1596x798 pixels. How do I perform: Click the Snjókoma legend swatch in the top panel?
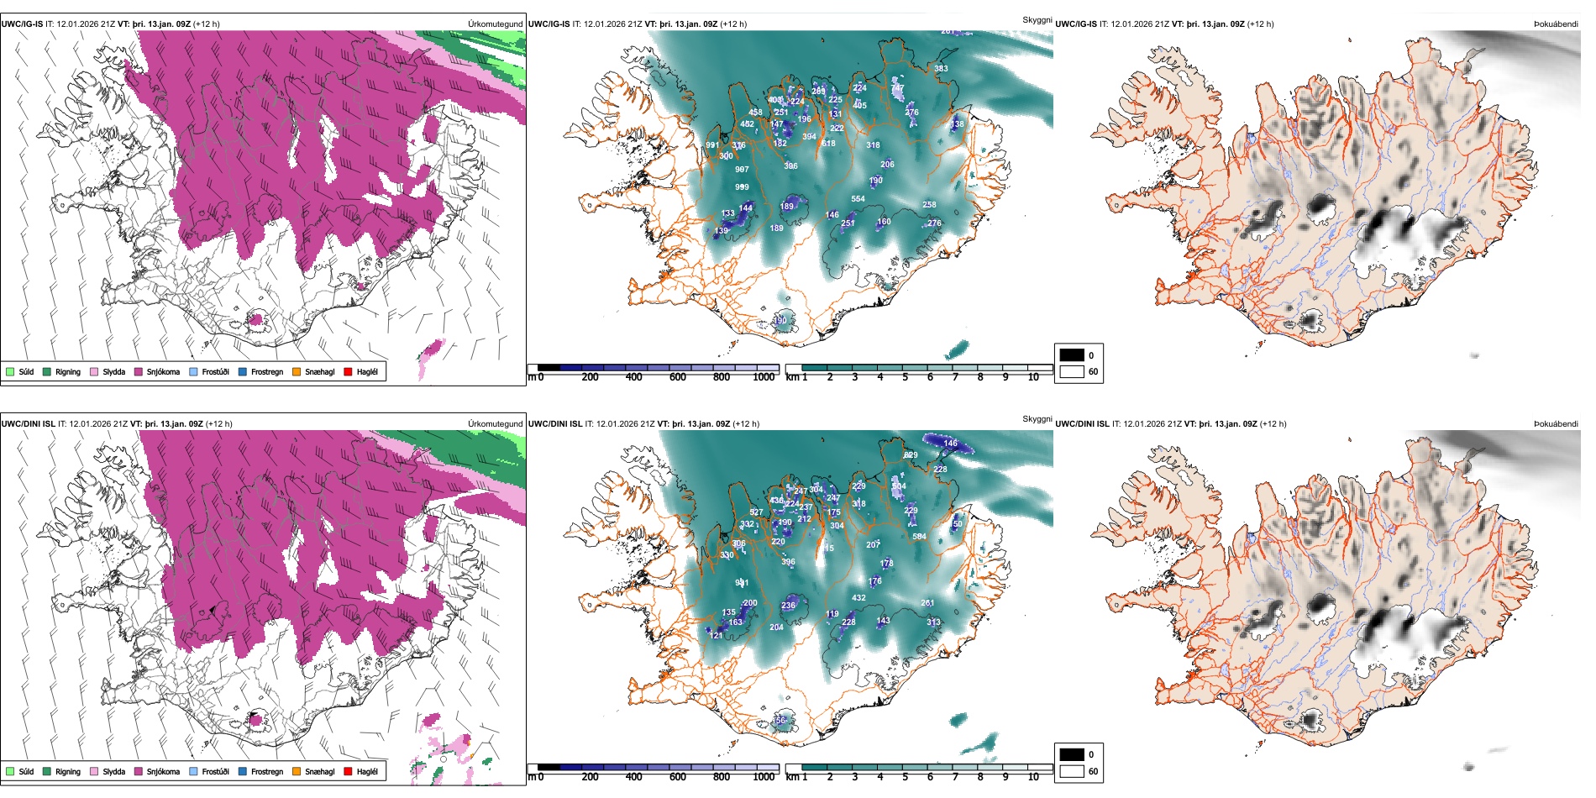139,371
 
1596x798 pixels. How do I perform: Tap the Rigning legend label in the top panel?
68,371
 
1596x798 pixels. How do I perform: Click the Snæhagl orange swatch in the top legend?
297,371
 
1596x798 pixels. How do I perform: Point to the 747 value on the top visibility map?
898,88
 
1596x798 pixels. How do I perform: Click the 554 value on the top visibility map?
858,199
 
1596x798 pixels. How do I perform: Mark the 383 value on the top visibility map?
941,69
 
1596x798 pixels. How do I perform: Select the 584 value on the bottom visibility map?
919,536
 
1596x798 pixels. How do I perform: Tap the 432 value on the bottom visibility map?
858,598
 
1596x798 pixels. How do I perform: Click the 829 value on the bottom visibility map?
911,455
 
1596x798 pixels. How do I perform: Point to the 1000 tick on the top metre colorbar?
764,377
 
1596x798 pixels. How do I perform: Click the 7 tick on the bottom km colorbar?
955,777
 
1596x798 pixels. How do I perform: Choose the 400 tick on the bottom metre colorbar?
633,777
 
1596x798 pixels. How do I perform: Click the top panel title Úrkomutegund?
495,24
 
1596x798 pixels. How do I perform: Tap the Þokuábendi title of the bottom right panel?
1556,424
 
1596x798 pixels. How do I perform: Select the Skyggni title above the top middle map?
1037,19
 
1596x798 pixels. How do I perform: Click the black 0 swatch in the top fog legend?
1072,355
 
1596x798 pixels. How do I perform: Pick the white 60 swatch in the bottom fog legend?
1072,771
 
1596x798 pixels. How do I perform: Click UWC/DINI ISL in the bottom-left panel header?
28,424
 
